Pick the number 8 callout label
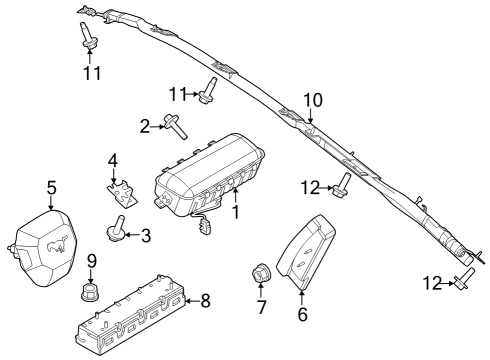[206, 299]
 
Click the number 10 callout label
[313, 100]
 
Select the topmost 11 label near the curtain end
[90, 74]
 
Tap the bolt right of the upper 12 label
[341, 183]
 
